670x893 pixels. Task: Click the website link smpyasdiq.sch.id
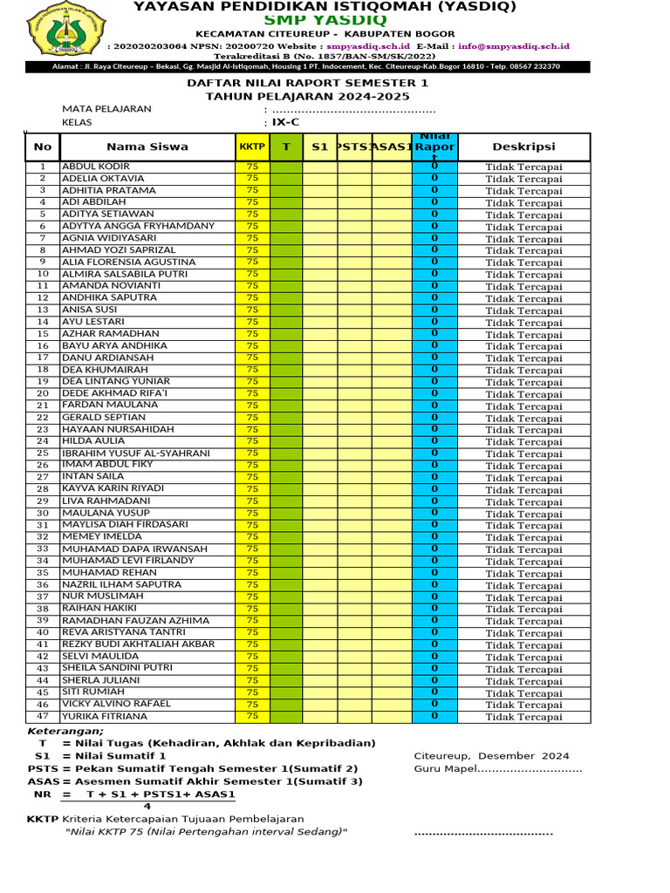tap(368, 45)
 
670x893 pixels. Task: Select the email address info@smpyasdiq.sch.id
tap(513, 45)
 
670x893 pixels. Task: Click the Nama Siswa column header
tap(147, 147)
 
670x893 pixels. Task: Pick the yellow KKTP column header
tap(252, 147)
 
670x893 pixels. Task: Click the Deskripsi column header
tap(523, 147)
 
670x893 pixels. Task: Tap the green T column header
tap(285, 147)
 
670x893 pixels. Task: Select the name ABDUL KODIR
tap(96, 167)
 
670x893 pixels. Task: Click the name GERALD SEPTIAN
tap(103, 418)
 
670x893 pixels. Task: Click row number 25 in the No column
tap(42, 453)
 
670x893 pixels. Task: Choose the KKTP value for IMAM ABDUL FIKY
tap(252, 466)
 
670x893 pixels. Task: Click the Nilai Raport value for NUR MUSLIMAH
tap(434, 596)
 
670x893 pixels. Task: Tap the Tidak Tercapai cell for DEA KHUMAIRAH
tap(523, 371)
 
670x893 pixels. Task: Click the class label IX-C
tap(286, 123)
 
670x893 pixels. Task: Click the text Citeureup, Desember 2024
tap(491, 756)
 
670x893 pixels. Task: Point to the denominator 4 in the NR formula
tap(147, 807)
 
